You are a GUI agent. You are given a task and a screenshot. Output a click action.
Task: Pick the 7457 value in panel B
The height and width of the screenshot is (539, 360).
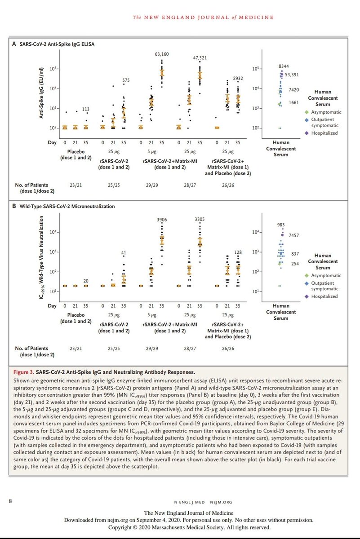point(294,235)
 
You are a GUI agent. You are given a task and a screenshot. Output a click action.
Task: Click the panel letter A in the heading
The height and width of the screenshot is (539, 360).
point(14,44)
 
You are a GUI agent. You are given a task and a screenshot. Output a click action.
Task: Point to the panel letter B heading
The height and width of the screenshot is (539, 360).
point(14,207)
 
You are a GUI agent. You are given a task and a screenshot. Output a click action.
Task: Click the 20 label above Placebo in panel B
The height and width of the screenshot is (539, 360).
point(86,281)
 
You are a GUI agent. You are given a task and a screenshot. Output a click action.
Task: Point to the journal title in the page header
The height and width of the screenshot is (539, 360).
point(203,18)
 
